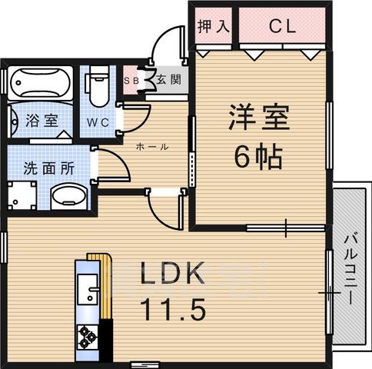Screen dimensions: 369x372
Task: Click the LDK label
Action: [171, 275]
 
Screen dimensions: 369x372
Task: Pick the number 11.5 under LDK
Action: [171, 311]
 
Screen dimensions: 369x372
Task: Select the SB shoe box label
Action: [131, 79]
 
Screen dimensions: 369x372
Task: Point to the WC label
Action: [98, 122]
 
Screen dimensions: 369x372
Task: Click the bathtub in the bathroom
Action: [40, 82]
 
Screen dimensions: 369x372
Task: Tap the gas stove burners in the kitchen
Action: [85, 336]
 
